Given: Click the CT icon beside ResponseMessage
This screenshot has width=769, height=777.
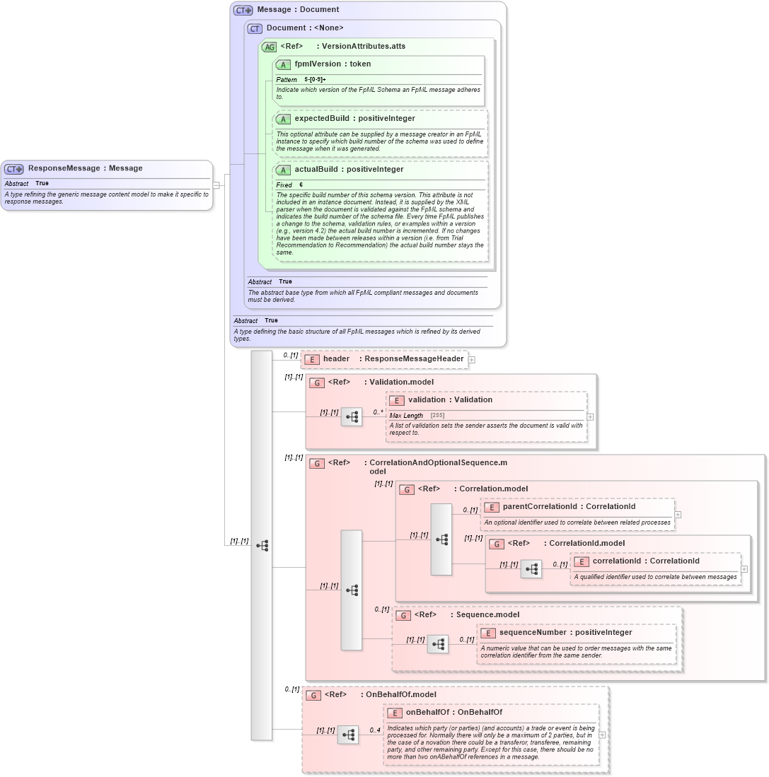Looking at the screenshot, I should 14,169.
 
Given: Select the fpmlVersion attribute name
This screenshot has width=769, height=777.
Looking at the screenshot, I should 318,64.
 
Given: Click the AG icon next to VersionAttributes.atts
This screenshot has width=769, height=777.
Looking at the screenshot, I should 269,47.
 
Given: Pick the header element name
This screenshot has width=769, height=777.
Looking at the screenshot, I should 336,359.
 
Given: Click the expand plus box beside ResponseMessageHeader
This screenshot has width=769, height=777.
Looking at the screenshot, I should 472,360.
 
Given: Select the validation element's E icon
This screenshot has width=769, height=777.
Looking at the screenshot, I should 397,400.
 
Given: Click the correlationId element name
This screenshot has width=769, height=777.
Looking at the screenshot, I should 618,561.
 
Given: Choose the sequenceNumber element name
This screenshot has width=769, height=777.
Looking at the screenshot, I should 532,633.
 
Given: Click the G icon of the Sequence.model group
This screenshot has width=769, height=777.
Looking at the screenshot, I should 403,615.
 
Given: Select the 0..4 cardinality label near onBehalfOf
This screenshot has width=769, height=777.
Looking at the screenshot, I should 375,730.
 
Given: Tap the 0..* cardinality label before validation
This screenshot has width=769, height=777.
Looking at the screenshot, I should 378,412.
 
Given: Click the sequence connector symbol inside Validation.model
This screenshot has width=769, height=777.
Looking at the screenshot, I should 352,417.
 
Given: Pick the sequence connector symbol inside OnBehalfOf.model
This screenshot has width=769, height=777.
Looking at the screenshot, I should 348,735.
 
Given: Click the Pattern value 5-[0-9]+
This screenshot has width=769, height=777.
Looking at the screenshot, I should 315,80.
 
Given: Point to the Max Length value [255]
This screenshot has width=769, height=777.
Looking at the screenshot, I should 437,416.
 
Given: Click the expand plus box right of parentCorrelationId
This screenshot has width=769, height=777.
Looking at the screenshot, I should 678,515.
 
